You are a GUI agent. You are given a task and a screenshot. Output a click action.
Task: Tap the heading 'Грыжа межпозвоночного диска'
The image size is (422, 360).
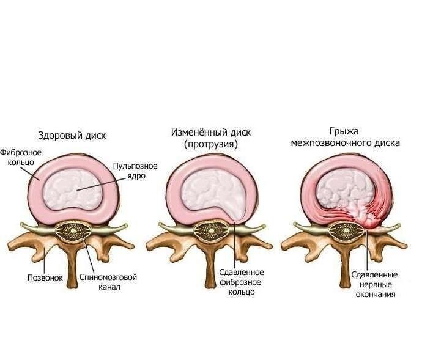click(353, 138)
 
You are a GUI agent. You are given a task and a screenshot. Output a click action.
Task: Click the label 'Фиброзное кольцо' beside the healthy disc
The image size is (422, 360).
click(20, 158)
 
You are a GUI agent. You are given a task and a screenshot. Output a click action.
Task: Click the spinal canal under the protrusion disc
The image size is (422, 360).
click(212, 233)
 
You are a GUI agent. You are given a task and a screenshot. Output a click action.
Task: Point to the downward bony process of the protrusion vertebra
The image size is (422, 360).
click(212, 269)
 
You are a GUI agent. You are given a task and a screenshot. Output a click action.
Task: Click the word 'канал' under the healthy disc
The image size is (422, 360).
click(109, 288)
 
